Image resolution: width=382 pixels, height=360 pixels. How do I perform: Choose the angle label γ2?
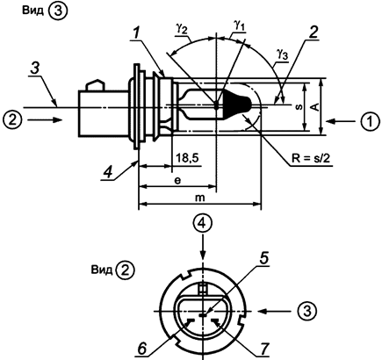182,29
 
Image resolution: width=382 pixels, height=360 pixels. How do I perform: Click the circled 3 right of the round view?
306,310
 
